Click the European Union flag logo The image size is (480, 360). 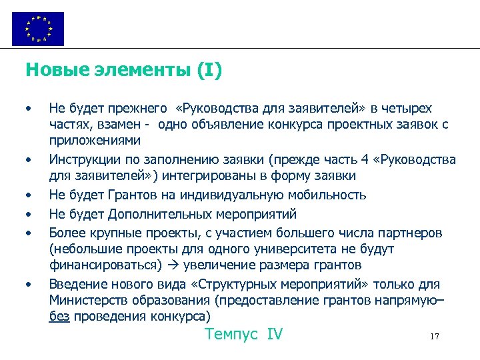coord(38,29)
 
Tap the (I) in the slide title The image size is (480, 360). coord(209,69)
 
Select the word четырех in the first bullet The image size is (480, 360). coord(407,109)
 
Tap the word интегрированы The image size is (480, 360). coord(205,176)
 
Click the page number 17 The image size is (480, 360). coord(435,337)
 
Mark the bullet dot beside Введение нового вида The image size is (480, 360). coord(28,285)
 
